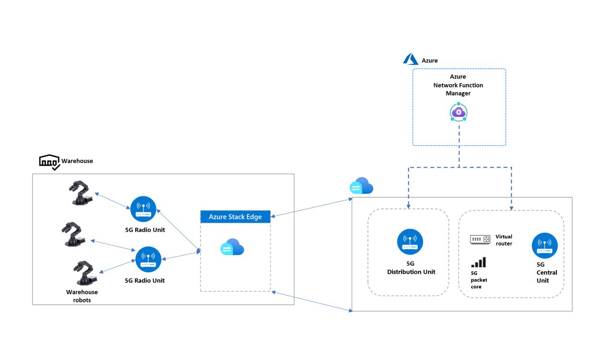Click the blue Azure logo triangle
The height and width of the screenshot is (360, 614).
(x=411, y=60)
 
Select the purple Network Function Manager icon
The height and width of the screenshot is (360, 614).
(x=459, y=112)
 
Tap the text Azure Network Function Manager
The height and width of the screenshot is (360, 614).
(x=458, y=85)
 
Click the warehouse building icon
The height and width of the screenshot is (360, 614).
(x=49, y=162)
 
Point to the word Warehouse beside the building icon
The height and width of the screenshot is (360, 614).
(x=77, y=161)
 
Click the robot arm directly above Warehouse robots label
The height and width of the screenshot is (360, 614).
(x=84, y=273)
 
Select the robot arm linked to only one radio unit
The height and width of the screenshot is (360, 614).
(x=81, y=192)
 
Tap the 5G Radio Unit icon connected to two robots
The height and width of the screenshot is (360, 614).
(x=148, y=259)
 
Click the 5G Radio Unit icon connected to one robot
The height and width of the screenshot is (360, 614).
(x=143, y=209)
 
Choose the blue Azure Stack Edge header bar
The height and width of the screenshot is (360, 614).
(x=235, y=216)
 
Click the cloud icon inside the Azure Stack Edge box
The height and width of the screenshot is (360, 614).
(x=232, y=247)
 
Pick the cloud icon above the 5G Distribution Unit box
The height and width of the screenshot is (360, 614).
(x=361, y=186)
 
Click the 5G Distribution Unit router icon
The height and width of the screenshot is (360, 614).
(x=410, y=241)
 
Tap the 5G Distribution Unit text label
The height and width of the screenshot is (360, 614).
(x=411, y=268)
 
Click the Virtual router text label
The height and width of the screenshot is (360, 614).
(x=504, y=240)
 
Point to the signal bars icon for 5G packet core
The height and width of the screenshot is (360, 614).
(x=478, y=262)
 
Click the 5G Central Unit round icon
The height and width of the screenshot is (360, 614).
(x=544, y=245)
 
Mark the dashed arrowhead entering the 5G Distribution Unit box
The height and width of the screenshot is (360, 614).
(x=408, y=207)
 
